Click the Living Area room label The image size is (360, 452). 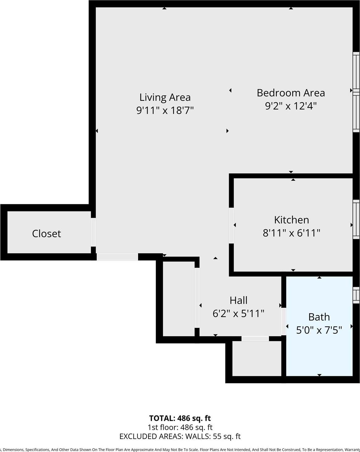165,97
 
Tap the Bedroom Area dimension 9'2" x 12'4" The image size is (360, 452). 291,106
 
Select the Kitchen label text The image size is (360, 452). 291,220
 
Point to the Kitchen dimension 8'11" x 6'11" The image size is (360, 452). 291,233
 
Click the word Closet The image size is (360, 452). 47,234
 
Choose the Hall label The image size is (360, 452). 238,300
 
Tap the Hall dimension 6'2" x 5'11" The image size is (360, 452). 238,314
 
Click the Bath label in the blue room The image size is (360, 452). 319,317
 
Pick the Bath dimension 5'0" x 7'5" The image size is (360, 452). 319,330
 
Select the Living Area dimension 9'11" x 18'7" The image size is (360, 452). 165,110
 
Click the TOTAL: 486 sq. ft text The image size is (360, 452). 180,418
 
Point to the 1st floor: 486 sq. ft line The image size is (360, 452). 180,427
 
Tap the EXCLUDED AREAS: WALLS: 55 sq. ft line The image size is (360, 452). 180,436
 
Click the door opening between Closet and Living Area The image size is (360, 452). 93,232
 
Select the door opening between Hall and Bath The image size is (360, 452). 284,321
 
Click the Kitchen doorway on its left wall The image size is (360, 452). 231,225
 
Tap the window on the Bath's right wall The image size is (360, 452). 356,295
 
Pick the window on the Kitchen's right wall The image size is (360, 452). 356,219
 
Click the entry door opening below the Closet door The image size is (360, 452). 117,257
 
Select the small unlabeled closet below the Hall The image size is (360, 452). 257,358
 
